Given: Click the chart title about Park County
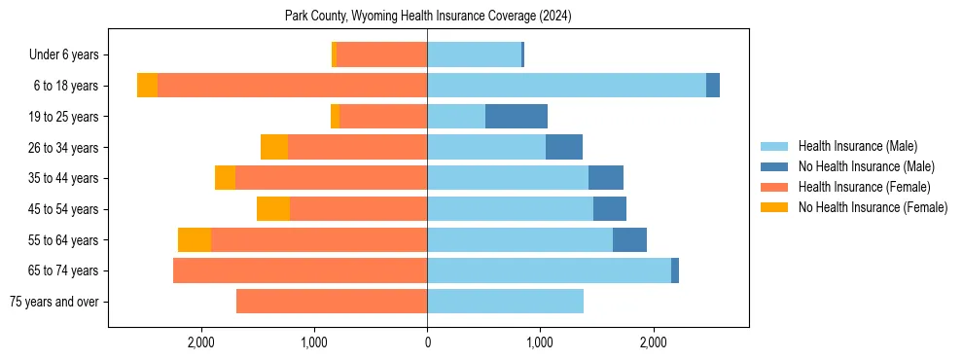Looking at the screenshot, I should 428,17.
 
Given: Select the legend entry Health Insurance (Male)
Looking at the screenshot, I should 856,146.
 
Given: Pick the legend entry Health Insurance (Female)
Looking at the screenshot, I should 864,187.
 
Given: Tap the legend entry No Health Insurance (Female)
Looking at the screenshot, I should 872,207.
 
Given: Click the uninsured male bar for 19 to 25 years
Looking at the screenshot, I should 517,117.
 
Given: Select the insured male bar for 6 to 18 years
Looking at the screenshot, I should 566,86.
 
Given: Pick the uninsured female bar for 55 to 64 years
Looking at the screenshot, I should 195,240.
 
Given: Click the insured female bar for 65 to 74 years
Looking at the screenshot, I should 300,270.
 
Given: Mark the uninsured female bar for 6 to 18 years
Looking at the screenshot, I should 147,86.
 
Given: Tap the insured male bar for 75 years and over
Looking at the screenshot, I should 505,302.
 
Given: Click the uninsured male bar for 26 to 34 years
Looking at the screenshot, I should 564,148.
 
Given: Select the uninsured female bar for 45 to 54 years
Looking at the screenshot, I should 273,209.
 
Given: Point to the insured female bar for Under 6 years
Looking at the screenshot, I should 381,55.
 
